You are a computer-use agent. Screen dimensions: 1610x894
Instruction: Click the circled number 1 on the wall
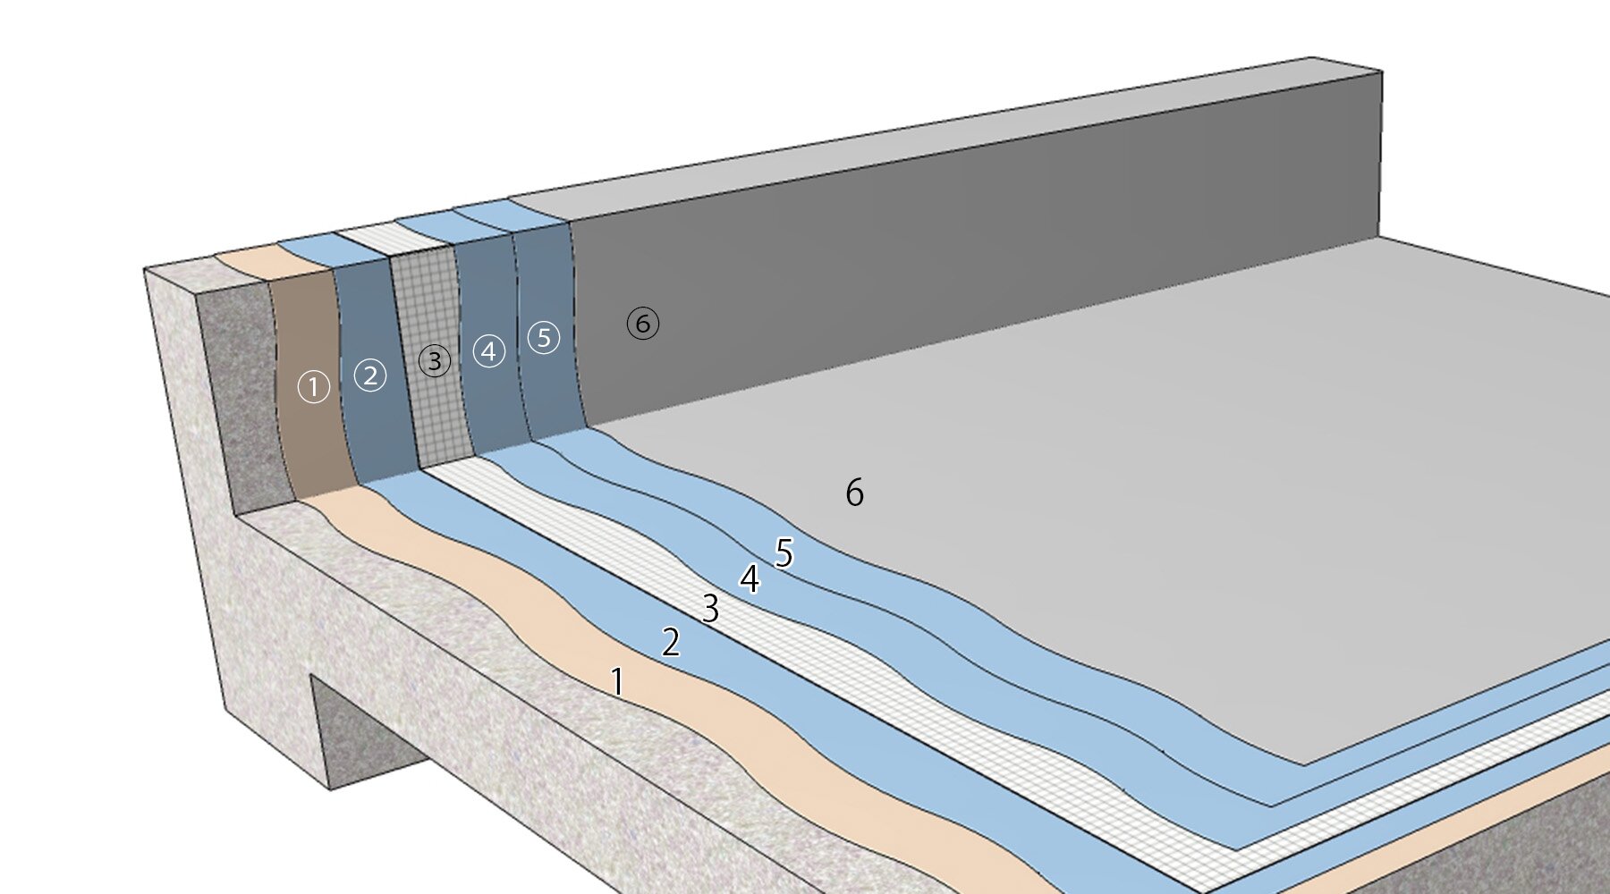pos(314,387)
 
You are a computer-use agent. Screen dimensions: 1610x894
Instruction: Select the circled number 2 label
pos(370,375)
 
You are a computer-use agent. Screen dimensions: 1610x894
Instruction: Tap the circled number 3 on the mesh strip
pos(435,361)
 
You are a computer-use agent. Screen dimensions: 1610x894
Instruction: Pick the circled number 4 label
pos(488,350)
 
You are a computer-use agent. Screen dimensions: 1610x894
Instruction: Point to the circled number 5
pos(544,337)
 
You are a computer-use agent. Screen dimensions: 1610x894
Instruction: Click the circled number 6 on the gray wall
pos(643,323)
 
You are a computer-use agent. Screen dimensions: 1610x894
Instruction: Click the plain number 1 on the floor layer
pos(617,682)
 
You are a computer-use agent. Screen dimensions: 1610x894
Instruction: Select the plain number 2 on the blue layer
pos(671,642)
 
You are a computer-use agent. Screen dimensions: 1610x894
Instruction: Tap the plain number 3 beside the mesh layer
pos(710,609)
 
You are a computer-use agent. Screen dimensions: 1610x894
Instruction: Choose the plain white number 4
pos(750,579)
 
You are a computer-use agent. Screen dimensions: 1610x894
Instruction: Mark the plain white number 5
pos(784,553)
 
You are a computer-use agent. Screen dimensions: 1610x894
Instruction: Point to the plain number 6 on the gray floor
pos(854,493)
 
